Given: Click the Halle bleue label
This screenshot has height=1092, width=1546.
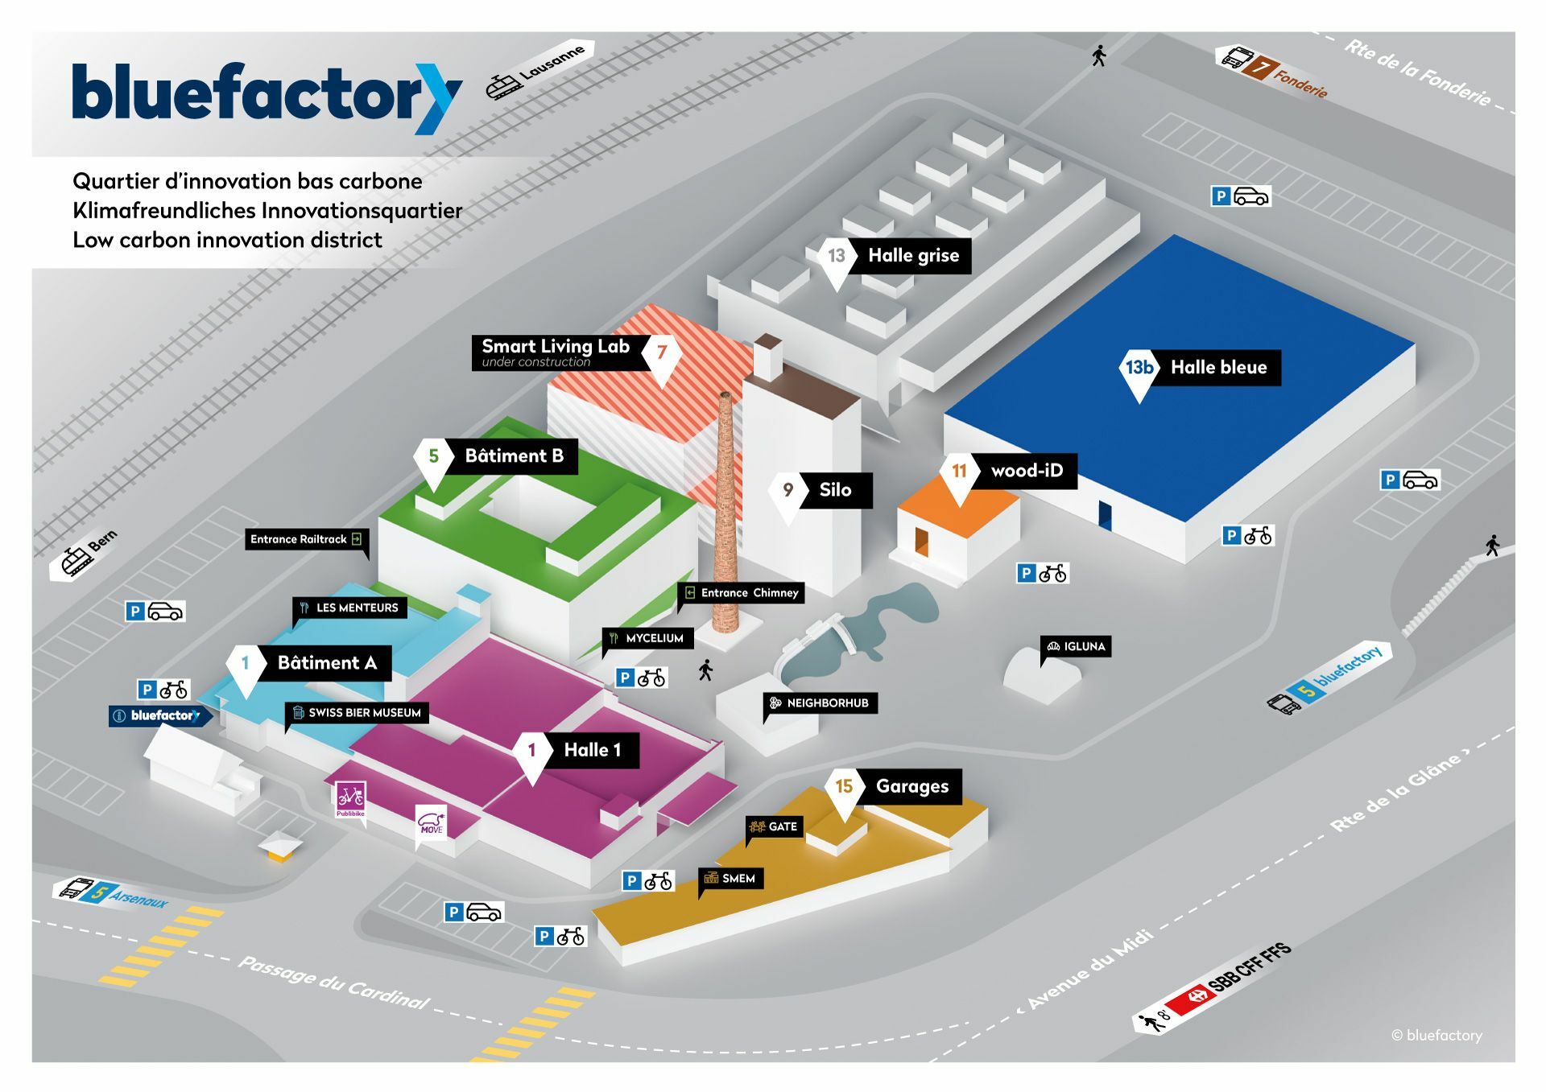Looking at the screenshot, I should click(x=1217, y=368).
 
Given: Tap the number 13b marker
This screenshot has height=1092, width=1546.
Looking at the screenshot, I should click(x=1139, y=369).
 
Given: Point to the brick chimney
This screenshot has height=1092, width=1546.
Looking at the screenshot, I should click(x=726, y=515).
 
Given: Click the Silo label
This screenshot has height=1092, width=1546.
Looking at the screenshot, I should click(x=835, y=490).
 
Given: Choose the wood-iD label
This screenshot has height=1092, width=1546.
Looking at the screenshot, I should click(x=1026, y=471).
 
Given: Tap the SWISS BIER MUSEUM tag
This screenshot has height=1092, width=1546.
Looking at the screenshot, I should click(x=357, y=712).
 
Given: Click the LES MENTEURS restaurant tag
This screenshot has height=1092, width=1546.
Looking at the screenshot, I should click(x=349, y=608).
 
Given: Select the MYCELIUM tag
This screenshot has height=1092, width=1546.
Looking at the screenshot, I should click(x=647, y=638).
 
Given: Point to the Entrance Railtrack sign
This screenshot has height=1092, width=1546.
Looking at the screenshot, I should click(x=306, y=539).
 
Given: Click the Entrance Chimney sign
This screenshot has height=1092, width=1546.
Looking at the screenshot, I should click(x=742, y=593).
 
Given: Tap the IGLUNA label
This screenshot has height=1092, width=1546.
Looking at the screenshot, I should click(x=1077, y=646).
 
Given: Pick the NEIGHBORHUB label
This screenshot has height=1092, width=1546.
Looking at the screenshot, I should click(x=821, y=703).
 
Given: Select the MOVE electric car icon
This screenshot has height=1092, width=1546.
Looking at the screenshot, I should click(x=431, y=824).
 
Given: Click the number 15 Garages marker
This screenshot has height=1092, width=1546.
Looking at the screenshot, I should click(x=844, y=786).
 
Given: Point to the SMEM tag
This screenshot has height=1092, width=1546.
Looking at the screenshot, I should click(x=731, y=878).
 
